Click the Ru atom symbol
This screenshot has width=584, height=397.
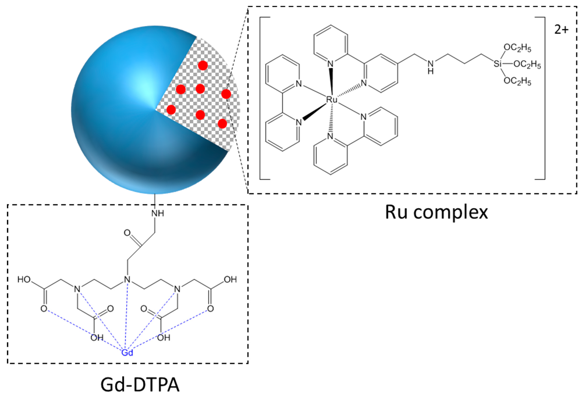tap(332, 100)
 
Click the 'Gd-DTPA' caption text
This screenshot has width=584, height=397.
tap(140, 385)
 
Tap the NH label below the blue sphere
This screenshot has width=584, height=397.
tap(158, 214)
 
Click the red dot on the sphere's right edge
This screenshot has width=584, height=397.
tap(226, 94)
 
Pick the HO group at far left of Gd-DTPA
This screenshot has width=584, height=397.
tap(24, 279)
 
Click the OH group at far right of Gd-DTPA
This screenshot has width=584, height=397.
tap(230, 279)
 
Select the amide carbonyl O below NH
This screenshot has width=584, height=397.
tap(127, 233)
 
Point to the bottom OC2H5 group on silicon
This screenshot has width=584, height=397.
tap(517, 81)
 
